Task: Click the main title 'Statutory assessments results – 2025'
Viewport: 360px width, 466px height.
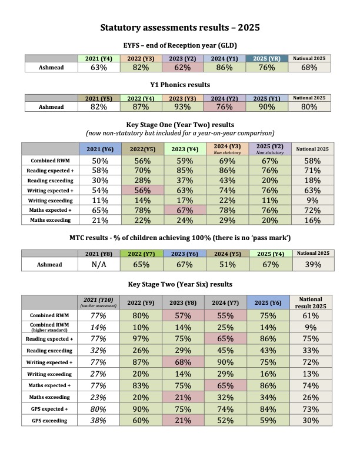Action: click(180, 28)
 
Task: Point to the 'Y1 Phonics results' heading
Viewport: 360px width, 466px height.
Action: click(180, 85)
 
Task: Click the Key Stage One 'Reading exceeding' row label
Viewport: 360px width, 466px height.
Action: click(50, 179)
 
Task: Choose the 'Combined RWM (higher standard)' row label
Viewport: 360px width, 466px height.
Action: click(50, 328)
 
